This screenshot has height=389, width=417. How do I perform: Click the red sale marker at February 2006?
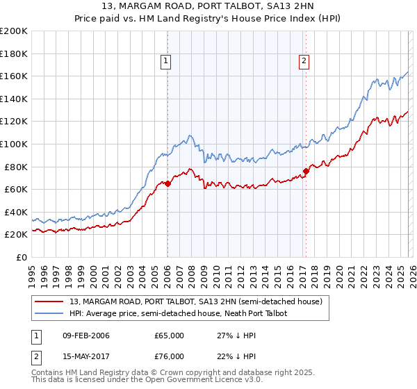(x=167, y=184)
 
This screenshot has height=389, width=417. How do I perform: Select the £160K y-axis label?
(x=14, y=76)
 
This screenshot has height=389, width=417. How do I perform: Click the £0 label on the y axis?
(x=21, y=257)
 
